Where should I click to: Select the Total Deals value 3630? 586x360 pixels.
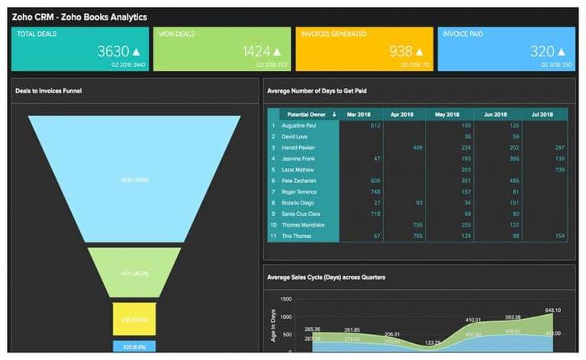pyautogui.click(x=114, y=52)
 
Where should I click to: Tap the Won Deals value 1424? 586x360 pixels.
pyautogui.click(x=256, y=52)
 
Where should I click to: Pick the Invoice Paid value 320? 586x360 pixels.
pyautogui.click(x=542, y=52)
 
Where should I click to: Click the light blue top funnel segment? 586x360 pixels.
pyautogui.click(x=134, y=179)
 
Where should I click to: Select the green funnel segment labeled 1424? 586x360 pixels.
pyautogui.click(x=134, y=272)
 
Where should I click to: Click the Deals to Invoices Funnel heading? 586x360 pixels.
pyautogui.click(x=49, y=91)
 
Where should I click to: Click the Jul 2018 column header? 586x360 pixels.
pyautogui.click(x=543, y=114)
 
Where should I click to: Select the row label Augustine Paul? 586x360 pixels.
pyautogui.click(x=299, y=125)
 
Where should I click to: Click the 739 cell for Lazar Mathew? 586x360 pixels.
pyautogui.click(x=559, y=169)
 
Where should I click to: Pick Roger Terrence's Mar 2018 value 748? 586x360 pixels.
pyautogui.click(x=375, y=192)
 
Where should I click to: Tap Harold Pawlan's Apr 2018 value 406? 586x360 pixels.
pyautogui.click(x=417, y=147)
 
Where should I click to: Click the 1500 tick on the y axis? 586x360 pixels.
pyautogui.click(x=286, y=299)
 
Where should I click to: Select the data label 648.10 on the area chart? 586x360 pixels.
pyautogui.click(x=553, y=310)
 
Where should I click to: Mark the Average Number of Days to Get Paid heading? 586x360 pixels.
pyautogui.click(x=317, y=91)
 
